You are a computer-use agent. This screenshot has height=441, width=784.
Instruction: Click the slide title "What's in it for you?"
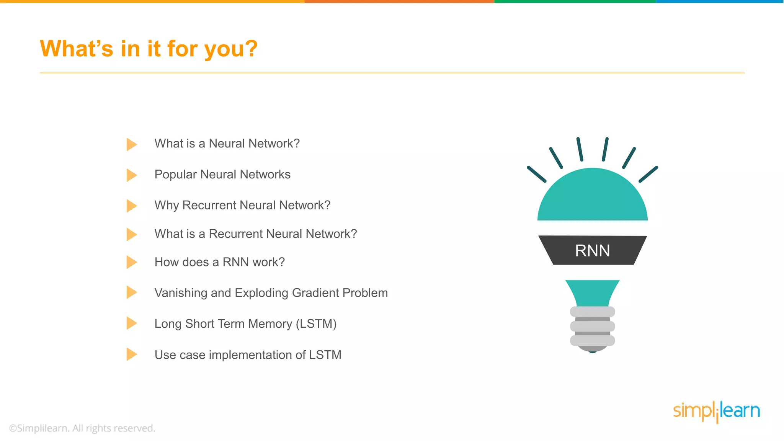(x=149, y=49)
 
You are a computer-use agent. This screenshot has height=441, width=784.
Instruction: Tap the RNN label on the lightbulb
(x=592, y=251)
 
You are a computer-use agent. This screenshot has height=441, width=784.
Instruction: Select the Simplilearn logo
(x=716, y=412)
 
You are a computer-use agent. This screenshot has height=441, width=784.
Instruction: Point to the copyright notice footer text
(x=82, y=428)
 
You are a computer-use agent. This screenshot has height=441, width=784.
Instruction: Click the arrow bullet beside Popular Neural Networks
(x=131, y=175)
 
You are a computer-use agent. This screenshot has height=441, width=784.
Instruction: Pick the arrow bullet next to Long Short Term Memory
(x=131, y=323)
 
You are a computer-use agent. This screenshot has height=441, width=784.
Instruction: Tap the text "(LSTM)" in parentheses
(x=316, y=324)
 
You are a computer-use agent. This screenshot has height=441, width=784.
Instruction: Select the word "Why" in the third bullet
(x=167, y=206)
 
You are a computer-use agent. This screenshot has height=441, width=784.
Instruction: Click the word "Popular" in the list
(x=175, y=175)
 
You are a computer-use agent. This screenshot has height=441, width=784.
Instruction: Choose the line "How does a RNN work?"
(x=219, y=262)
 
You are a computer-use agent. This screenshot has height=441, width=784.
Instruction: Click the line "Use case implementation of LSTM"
(x=248, y=355)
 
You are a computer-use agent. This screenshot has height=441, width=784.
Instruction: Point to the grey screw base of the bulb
(x=592, y=327)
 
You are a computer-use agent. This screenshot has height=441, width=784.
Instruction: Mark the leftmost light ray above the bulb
(x=536, y=174)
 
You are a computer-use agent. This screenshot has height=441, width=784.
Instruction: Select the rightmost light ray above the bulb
(x=648, y=174)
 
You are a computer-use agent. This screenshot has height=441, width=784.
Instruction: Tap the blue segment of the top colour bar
(x=720, y=2)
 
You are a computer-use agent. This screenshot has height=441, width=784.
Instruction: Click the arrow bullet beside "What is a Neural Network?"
(x=131, y=144)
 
